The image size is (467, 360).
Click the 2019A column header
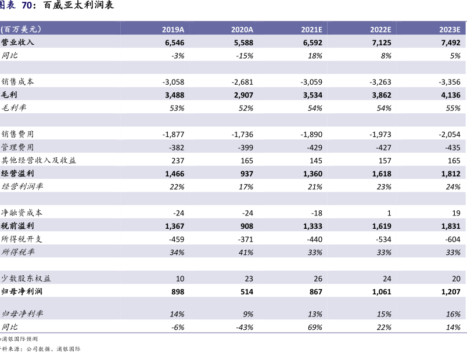[173, 30]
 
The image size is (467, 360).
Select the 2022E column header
[380, 30]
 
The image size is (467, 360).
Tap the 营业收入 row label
[17, 42]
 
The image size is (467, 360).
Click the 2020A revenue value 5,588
[243, 42]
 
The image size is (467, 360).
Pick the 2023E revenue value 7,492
[451, 42]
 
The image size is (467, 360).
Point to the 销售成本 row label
[17, 82]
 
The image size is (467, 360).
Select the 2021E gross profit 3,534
[312, 95]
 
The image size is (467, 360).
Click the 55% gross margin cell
[453, 108]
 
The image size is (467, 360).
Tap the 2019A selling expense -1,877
[173, 134]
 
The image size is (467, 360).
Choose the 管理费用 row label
[17, 147]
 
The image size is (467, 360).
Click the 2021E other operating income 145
[316, 160]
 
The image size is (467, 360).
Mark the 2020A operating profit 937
[247, 174]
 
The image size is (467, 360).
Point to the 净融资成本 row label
[21, 213]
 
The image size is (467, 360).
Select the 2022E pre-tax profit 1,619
[382, 226]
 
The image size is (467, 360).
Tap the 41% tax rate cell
[246, 252]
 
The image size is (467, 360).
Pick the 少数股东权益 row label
[26, 278]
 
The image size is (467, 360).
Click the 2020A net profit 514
[247, 291]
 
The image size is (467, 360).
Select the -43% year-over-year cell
[245, 327]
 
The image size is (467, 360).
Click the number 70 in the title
[27, 5]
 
